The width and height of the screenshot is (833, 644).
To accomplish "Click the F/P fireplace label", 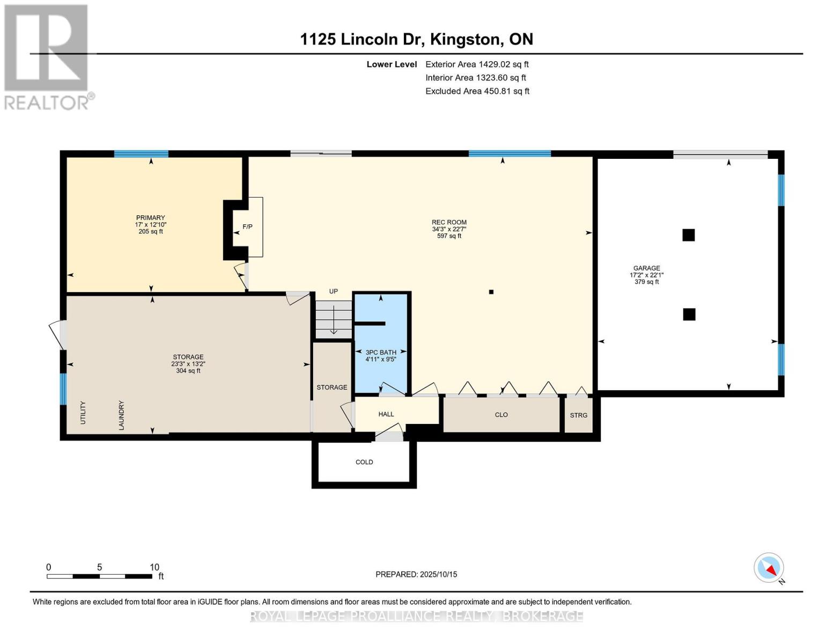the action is click(x=247, y=226).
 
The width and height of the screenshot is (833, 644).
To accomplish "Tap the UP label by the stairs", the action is click(x=333, y=291).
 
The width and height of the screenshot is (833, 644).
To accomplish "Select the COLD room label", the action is click(x=364, y=462).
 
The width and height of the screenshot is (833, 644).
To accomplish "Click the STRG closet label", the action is click(x=578, y=415).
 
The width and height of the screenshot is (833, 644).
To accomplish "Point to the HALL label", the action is click(x=386, y=414).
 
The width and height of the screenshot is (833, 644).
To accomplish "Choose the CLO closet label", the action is click(x=501, y=415).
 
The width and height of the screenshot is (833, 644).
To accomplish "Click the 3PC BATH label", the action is click(x=381, y=352).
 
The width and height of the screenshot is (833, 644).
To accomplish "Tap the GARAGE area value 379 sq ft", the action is click(x=646, y=282).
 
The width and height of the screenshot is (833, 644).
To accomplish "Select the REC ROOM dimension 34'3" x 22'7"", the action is click(x=449, y=229).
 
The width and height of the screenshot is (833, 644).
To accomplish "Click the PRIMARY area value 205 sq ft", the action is click(x=151, y=231).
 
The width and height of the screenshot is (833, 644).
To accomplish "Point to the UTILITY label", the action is click(x=83, y=413).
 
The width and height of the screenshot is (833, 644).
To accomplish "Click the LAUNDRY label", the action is click(x=121, y=415).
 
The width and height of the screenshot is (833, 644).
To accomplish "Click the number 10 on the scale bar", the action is click(x=154, y=567).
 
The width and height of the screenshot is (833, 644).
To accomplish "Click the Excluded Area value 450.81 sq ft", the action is click(x=503, y=91).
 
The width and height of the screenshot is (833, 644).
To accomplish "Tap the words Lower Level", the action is click(x=392, y=64).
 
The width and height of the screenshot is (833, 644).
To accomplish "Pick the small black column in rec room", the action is click(x=491, y=292).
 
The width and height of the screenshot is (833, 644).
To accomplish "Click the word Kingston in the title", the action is click(x=466, y=39).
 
